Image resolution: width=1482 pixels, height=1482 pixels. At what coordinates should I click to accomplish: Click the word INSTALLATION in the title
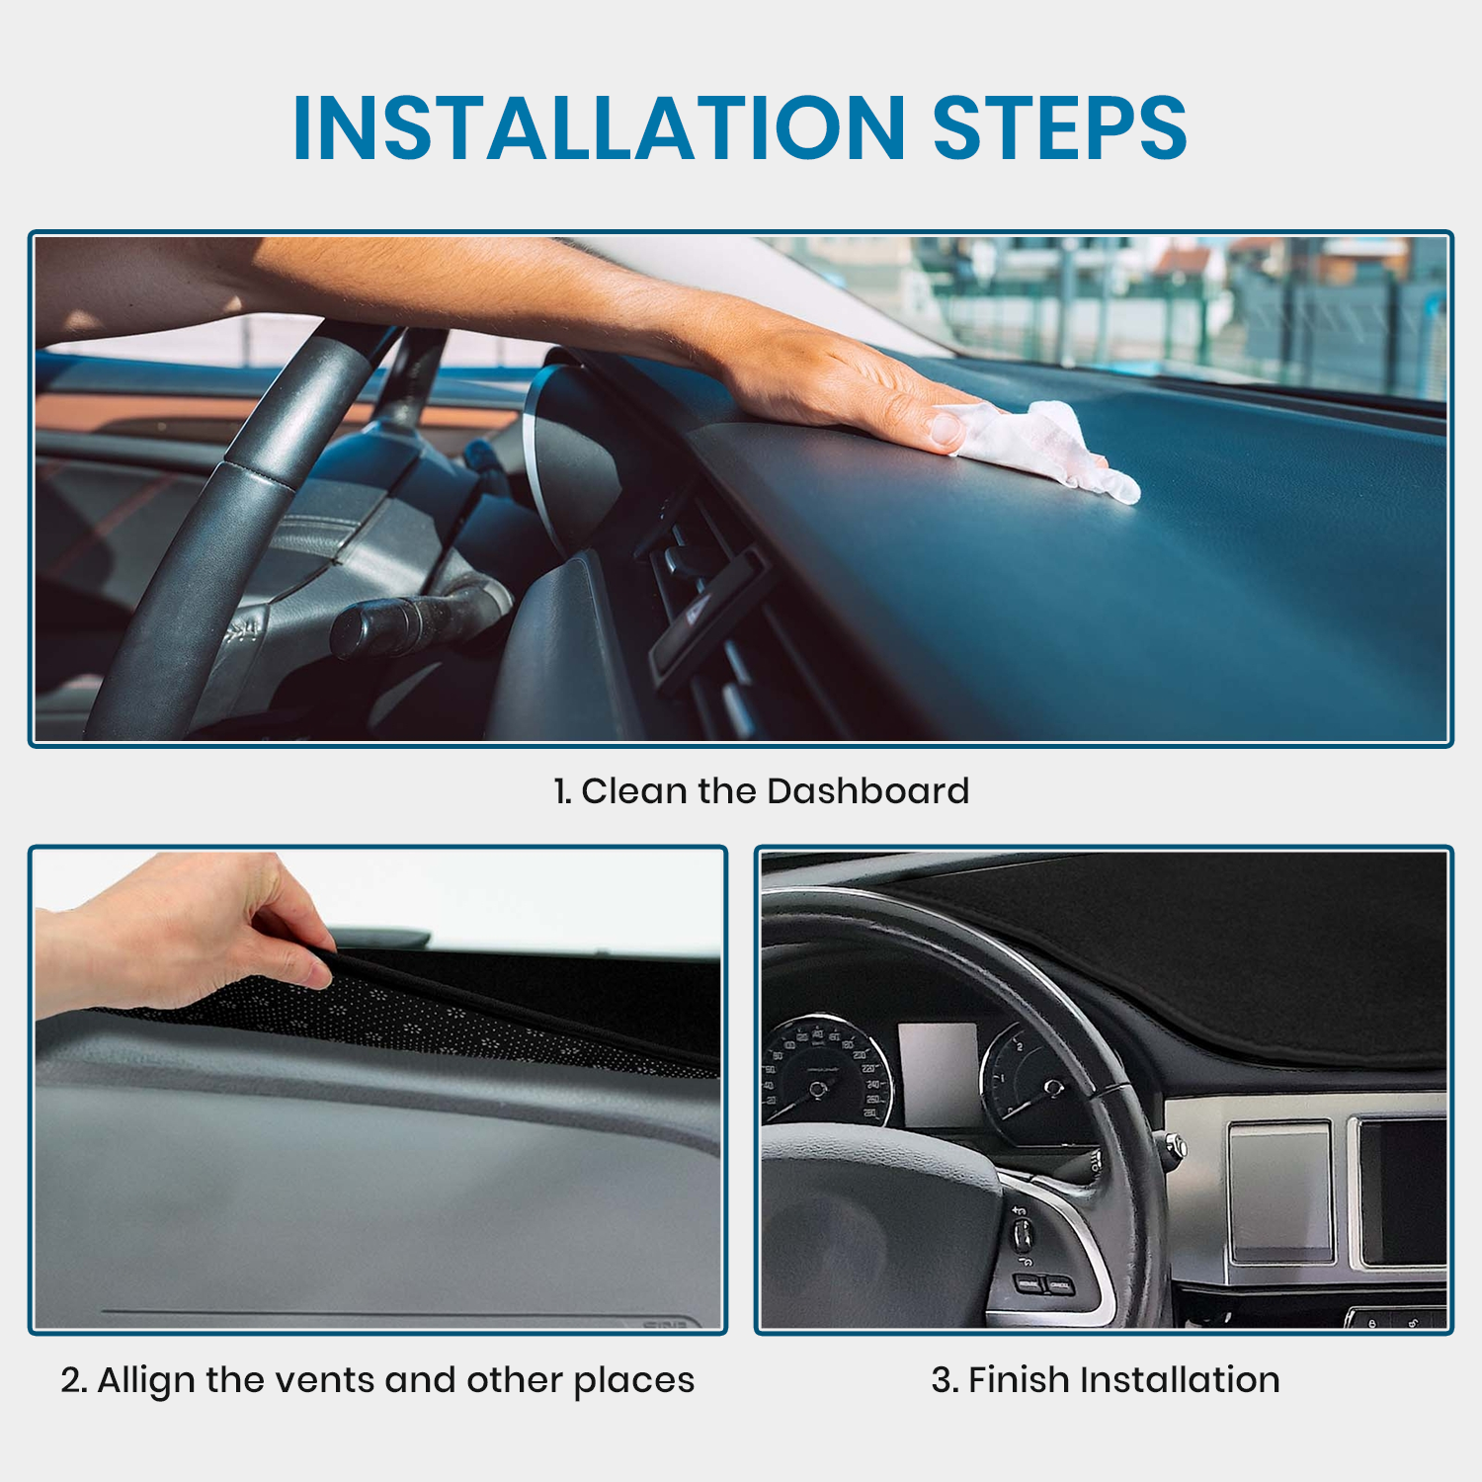point(600,127)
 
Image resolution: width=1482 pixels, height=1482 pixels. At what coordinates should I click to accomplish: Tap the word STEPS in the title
point(1059,127)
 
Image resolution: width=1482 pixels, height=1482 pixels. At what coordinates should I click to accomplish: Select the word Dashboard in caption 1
point(867,791)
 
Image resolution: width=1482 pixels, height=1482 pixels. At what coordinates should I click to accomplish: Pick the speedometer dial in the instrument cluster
point(826,1072)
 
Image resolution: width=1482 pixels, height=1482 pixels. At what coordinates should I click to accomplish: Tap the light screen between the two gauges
point(938,1074)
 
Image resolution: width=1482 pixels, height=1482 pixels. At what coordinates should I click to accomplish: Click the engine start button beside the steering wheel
point(1175,1146)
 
